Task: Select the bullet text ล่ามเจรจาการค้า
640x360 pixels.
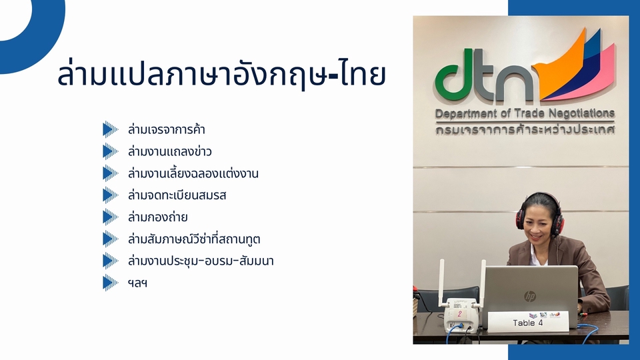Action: click(x=167, y=130)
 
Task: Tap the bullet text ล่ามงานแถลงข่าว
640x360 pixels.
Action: click(x=170, y=152)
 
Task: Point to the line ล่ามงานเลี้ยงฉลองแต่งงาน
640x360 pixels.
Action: click(x=193, y=173)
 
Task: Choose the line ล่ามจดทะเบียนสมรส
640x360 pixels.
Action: click(x=177, y=195)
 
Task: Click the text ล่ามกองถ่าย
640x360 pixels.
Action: click(x=157, y=217)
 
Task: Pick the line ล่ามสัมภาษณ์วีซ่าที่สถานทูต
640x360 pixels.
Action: click(x=194, y=239)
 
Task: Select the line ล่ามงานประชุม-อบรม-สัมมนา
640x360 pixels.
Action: click(x=201, y=261)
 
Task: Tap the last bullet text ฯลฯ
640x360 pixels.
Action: click(x=137, y=283)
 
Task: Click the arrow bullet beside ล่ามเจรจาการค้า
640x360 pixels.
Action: click(x=110, y=129)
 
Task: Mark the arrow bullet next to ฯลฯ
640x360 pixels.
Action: click(x=110, y=283)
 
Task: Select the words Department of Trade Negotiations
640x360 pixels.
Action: click(x=525, y=114)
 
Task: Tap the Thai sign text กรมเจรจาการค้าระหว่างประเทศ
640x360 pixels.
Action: click(x=525, y=129)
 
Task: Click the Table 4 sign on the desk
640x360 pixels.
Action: click(x=528, y=321)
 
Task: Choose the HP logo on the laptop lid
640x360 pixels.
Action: click(x=530, y=296)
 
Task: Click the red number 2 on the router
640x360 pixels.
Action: click(x=460, y=314)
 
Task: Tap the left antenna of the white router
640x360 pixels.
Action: click(x=441, y=283)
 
